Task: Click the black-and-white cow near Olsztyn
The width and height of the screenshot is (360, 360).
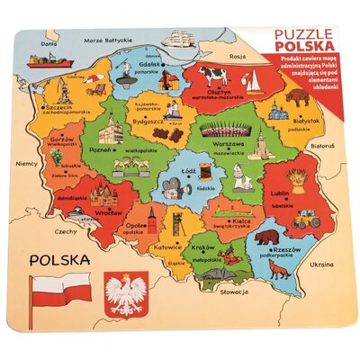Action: (214, 76)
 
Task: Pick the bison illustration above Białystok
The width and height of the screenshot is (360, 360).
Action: (296, 97)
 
